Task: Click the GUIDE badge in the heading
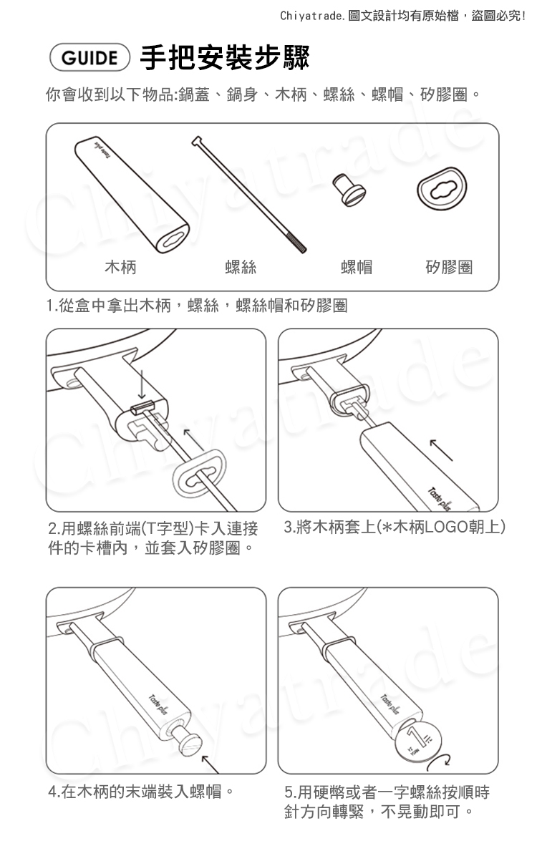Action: point(89,58)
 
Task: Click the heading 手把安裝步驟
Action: point(225,58)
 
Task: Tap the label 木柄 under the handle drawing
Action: point(120,266)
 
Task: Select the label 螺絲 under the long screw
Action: point(240,266)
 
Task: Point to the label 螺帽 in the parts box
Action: point(357,266)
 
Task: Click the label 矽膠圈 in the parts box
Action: point(449,266)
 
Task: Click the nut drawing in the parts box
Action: point(349,190)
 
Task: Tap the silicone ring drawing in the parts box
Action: point(442,188)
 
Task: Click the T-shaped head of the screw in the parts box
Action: point(198,141)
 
